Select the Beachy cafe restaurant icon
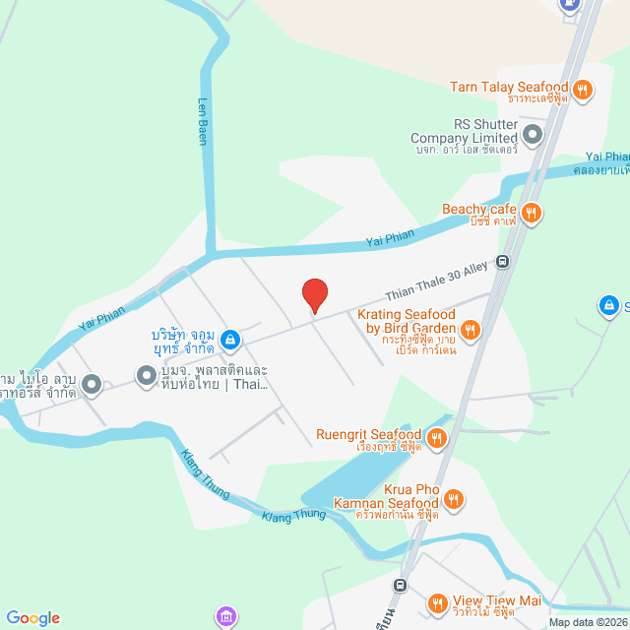pos(532,212)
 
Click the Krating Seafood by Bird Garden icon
pos(470,330)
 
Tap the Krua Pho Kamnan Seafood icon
pos(453,499)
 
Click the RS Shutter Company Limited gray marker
pos(533,135)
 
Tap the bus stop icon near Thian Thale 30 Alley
pos(503,262)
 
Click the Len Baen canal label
pos(204,121)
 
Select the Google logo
pos(32,618)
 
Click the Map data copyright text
pos(588,622)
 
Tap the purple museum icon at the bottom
pos(228,617)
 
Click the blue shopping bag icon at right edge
pos(607,307)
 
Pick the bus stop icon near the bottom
pos(401,585)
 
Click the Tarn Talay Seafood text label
pos(509,87)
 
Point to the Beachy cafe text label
pos(479,209)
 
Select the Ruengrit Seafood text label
pos(368,434)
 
